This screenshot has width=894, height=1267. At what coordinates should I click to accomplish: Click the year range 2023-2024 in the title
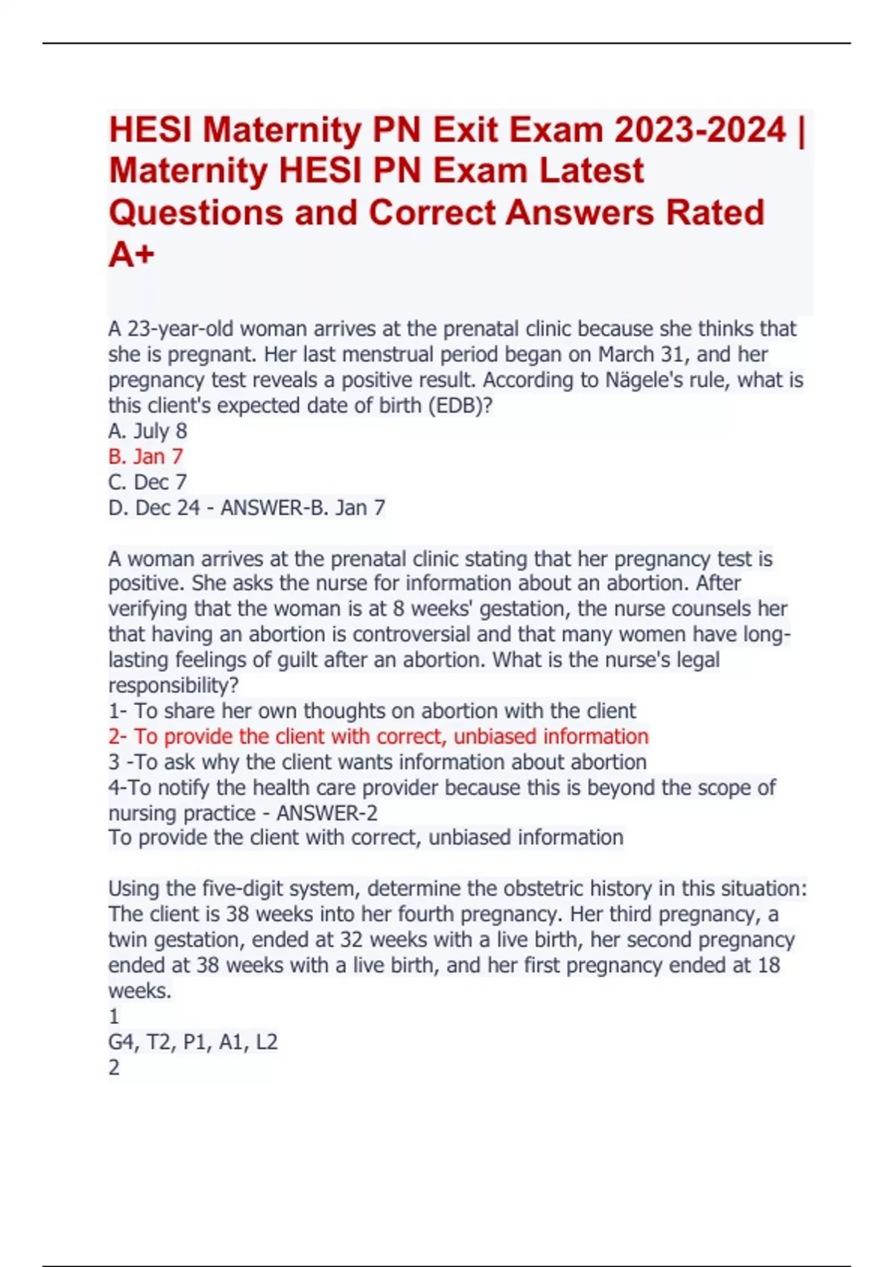[x=700, y=130]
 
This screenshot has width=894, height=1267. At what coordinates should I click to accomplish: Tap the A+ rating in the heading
[x=131, y=255]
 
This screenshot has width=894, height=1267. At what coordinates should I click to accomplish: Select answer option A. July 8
[x=148, y=431]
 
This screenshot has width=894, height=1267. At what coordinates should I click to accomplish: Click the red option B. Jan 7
[x=145, y=456]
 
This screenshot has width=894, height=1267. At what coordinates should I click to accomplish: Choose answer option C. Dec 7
[x=148, y=481]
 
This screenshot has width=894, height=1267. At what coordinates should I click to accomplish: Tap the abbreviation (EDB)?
[x=460, y=405]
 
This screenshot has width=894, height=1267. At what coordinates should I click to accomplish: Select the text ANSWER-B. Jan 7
[x=303, y=508]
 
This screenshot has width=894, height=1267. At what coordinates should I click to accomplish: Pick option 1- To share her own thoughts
[x=372, y=711]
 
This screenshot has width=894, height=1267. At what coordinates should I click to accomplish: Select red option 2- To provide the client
[x=378, y=736]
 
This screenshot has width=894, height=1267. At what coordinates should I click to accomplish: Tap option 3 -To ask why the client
[x=377, y=762]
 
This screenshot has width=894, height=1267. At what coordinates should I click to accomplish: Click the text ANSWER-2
[x=326, y=812]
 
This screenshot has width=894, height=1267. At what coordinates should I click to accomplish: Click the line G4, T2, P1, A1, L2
[x=193, y=1042]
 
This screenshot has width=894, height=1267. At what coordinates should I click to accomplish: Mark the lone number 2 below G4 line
[x=114, y=1067]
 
